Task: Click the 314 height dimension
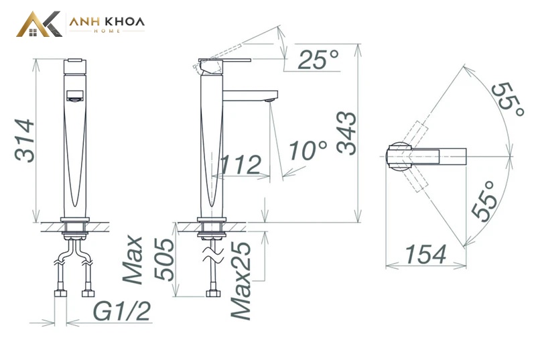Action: (25, 141)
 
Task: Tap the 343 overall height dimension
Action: (346, 133)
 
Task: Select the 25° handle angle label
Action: (318, 60)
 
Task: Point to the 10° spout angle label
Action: (308, 150)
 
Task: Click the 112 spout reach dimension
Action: (241, 164)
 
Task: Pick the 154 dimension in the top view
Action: (426, 254)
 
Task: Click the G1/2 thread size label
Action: (122, 312)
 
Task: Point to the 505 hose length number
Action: (164, 259)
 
